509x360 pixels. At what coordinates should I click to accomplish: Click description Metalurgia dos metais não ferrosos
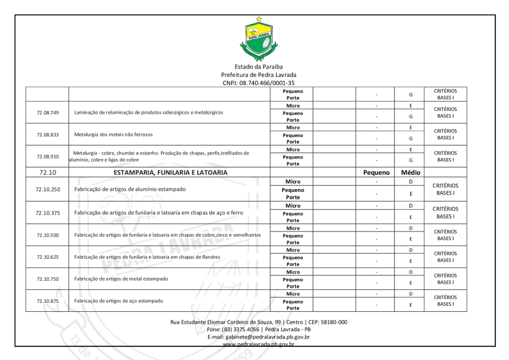(x=113, y=134)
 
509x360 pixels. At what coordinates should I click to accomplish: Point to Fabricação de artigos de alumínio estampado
(x=130, y=189)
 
